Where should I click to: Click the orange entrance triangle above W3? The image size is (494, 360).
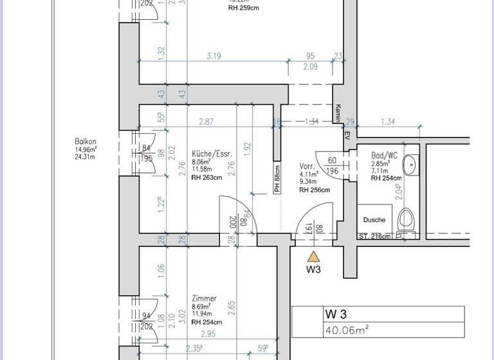coord(313,256)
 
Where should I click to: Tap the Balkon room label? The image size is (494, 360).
coord(86,141)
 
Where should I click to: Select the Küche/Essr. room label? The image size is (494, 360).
coord(211,154)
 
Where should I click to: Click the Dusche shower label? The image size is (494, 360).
coord(374,220)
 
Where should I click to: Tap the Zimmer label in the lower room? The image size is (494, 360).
coord(204,299)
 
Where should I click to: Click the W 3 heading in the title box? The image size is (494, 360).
coord(336,314)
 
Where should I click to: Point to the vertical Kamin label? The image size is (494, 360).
coord(336,114)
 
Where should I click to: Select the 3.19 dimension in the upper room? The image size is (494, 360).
coord(214,57)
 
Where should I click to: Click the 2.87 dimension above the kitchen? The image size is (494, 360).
coord(206,122)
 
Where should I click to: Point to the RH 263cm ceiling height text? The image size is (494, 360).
coord(206,178)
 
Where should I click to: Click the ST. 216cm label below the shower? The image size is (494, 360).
coord(374,237)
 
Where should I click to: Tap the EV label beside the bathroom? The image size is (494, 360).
coord(346,136)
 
